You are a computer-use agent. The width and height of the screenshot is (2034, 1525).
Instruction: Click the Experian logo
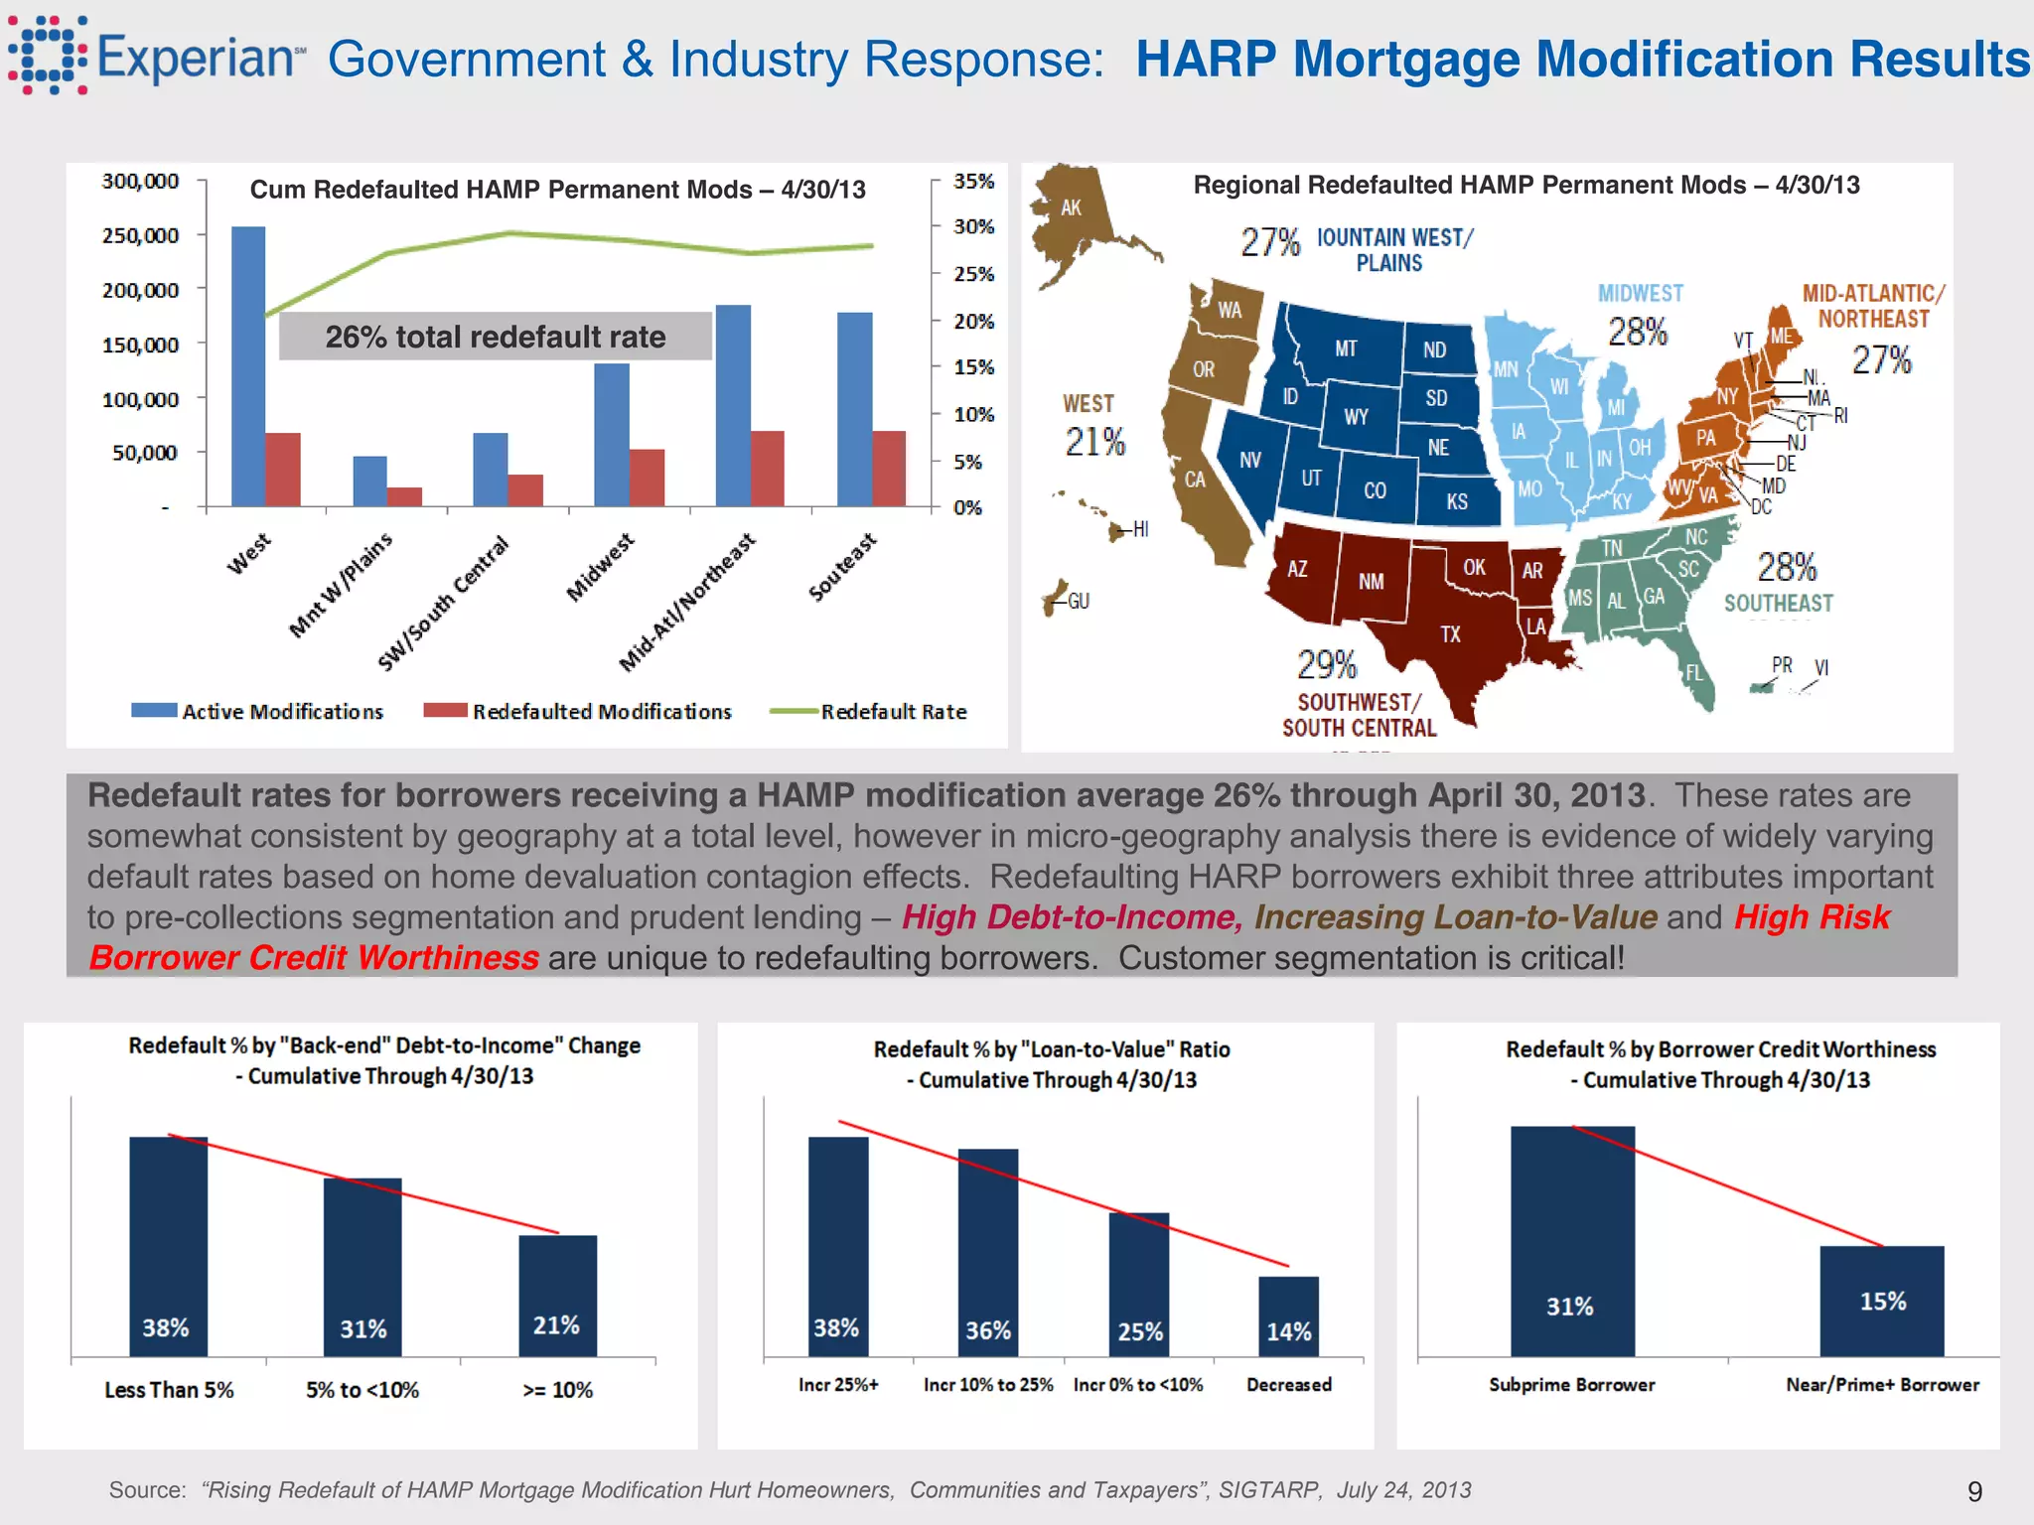click(155, 56)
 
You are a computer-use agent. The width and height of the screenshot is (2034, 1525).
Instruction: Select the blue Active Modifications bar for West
click(247, 367)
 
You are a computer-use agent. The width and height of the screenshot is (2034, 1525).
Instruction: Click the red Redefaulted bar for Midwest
click(647, 478)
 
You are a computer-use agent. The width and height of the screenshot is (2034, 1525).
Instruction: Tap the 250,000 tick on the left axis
click(140, 235)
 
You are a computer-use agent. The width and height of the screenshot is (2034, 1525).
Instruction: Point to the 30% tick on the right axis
click(973, 226)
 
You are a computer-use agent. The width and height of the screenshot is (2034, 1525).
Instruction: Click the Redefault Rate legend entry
click(869, 711)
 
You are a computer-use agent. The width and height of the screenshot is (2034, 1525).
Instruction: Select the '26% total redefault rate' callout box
click(495, 337)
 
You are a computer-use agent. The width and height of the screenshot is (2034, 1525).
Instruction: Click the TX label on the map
click(1450, 634)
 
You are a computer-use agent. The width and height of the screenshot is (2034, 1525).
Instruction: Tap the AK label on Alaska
click(1071, 208)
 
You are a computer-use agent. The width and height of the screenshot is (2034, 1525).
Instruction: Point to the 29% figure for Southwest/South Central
click(1327, 663)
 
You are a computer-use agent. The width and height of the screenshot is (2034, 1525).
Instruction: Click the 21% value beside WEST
click(1094, 442)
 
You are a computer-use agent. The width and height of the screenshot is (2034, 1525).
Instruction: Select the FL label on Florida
click(1693, 672)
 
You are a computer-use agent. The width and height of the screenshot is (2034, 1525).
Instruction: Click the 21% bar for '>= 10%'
click(557, 1296)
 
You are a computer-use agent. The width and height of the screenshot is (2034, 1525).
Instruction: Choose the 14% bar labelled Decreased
click(1288, 1317)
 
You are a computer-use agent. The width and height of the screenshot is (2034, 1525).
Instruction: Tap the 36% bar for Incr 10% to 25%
click(987, 1253)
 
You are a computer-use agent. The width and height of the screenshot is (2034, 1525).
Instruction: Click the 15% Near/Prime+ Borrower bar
click(1881, 1301)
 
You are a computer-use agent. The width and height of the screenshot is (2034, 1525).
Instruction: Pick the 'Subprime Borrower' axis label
click(1571, 1385)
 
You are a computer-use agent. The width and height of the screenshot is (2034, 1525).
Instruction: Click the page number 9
click(1974, 1491)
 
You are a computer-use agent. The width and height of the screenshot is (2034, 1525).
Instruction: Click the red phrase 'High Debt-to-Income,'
click(1072, 917)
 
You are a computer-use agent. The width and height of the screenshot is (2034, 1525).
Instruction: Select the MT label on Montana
click(1345, 348)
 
